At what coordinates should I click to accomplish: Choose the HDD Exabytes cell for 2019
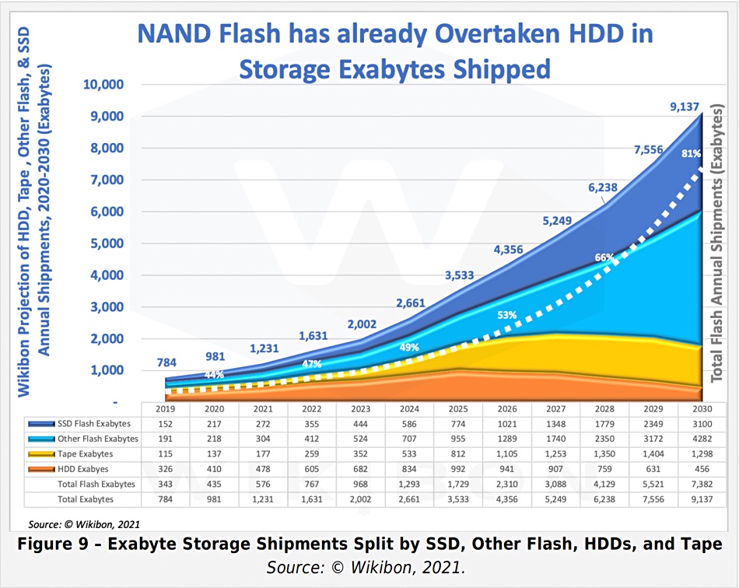tap(165, 469)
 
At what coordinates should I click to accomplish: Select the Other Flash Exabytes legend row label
tap(96, 439)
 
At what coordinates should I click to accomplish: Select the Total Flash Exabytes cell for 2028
tap(604, 484)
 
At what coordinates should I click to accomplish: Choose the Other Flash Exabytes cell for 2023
tap(360, 439)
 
